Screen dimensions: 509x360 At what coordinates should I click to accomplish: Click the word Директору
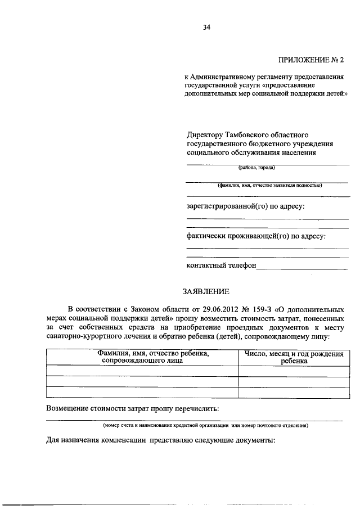tap(205, 135)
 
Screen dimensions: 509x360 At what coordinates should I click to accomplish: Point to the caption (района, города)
tap(256, 168)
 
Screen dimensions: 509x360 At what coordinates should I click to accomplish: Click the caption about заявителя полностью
tap(269, 184)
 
